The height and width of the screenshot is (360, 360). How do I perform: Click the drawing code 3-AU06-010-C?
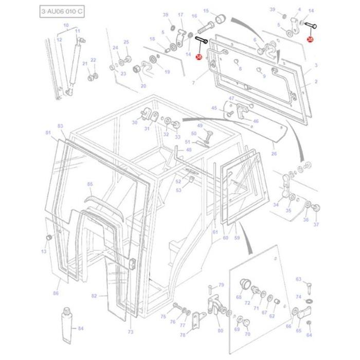pyautogui.click(x=60, y=11)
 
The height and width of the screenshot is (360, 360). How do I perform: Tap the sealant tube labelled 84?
pyautogui.click(x=67, y=326)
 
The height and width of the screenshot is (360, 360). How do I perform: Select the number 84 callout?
pyautogui.click(x=81, y=328)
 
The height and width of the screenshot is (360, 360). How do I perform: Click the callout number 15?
pyautogui.click(x=206, y=10)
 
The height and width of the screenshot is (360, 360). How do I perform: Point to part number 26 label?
pyautogui.click(x=274, y=153)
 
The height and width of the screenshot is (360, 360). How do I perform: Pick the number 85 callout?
pyautogui.click(x=90, y=184)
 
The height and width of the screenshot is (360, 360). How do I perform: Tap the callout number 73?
pyautogui.click(x=130, y=332)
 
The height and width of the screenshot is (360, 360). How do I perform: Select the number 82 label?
pyautogui.click(x=94, y=296)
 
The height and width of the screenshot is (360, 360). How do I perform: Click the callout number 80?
pyautogui.click(x=221, y=331)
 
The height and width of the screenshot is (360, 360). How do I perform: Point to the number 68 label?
pyautogui.click(x=239, y=297)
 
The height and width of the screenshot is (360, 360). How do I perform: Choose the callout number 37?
pyautogui.click(x=316, y=224)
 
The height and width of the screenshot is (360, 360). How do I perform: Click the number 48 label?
pyautogui.click(x=189, y=150)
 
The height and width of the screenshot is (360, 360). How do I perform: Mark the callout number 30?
pyautogui.click(x=134, y=122)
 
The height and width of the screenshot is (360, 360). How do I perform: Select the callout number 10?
pyautogui.click(x=66, y=25)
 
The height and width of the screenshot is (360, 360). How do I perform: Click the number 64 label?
pyautogui.click(x=309, y=335)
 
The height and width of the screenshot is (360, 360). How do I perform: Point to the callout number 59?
pyautogui.click(x=237, y=238)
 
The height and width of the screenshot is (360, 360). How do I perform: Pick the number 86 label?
pyautogui.click(x=56, y=293)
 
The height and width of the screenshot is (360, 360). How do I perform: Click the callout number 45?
pyautogui.click(x=214, y=108)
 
